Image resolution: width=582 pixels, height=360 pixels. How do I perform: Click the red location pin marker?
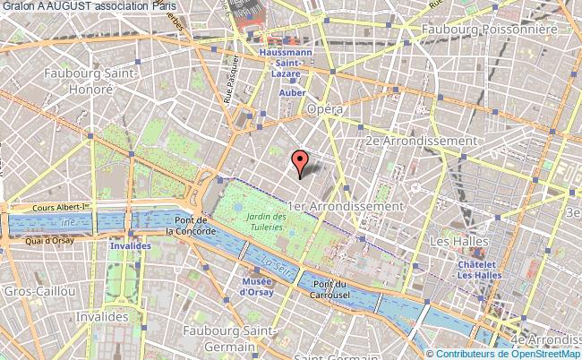click(300, 162)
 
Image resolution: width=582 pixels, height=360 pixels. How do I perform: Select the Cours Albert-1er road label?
click(58, 209)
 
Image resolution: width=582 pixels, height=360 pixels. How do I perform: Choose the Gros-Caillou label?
click(31, 293)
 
